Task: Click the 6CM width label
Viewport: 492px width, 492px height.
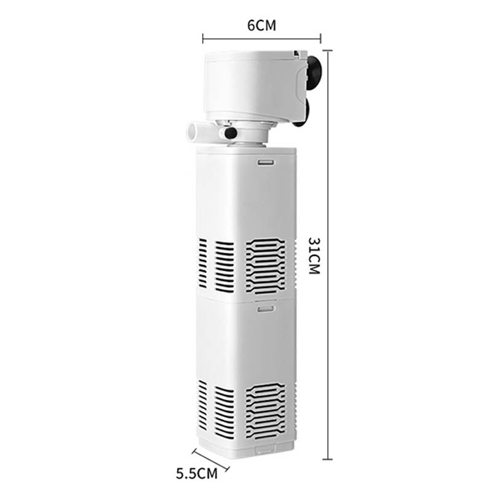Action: [261, 26]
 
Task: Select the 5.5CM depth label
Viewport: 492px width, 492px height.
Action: [197, 474]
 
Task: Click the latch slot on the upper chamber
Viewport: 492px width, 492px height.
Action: [265, 162]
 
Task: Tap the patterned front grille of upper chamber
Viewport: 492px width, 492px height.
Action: [266, 264]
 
